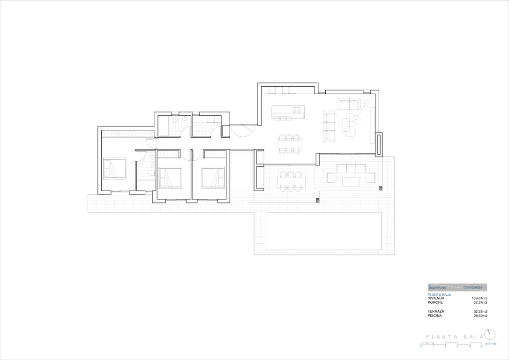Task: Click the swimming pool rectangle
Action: [x=323, y=231]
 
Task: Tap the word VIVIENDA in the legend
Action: [x=436, y=298]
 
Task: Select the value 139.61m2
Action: [x=479, y=298]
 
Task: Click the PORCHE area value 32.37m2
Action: [x=480, y=302]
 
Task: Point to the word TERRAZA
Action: [x=436, y=311]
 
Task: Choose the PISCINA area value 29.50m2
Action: [x=480, y=316]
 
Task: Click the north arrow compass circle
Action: [x=490, y=334]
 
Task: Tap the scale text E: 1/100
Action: [x=490, y=344]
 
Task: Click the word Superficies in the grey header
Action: [x=437, y=287]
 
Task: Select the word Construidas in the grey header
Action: [x=472, y=287]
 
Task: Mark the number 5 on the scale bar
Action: [x=481, y=346]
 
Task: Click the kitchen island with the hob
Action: [x=288, y=111]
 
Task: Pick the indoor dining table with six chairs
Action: [x=289, y=143]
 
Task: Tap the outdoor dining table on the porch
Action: [x=291, y=181]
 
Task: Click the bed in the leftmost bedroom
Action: [x=115, y=169]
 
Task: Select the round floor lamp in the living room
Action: [x=366, y=103]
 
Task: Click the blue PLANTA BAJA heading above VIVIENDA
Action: [x=439, y=294]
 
